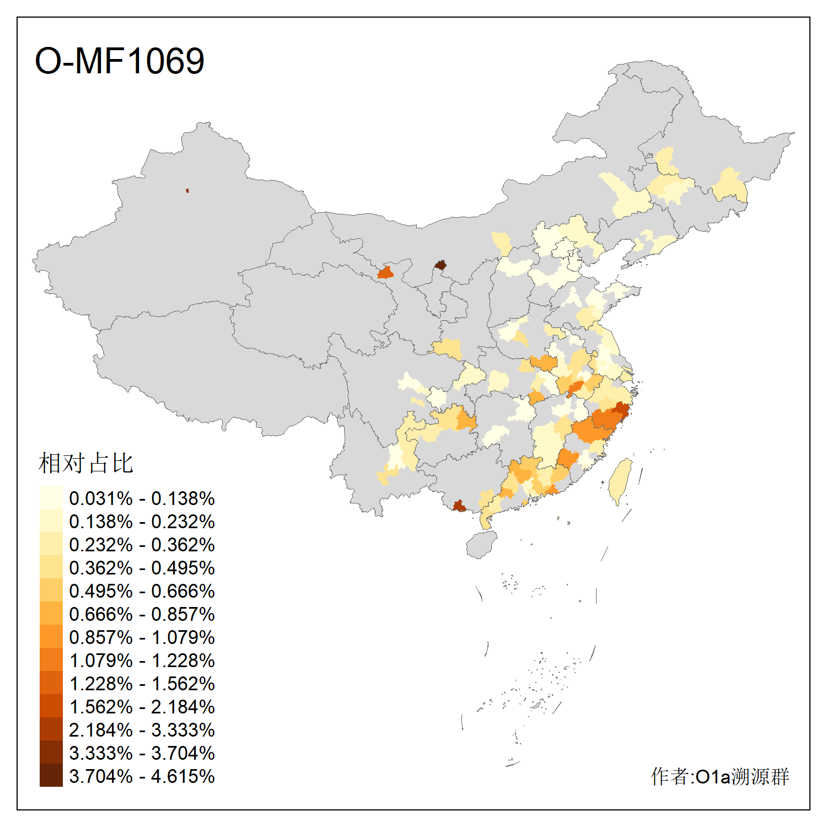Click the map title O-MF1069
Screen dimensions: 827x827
(120, 61)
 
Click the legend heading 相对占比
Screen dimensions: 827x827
(86, 463)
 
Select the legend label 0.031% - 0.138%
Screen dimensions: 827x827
(142, 498)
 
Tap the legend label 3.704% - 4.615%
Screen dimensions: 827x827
(142, 776)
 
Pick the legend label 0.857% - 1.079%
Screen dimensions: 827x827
(142, 637)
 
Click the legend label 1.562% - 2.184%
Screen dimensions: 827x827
(142, 707)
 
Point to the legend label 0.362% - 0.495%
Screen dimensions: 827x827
(142, 568)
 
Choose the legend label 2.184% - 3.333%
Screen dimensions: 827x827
(142, 730)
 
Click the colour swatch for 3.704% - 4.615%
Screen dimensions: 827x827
(51, 775)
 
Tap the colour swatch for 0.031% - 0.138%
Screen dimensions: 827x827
(51, 497)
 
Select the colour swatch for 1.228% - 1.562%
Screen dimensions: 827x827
(51, 683)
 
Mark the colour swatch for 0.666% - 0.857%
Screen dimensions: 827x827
(51, 613)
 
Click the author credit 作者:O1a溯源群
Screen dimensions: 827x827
(719, 776)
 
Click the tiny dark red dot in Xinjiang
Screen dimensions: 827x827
(187, 191)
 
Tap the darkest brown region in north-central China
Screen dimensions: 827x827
(440, 265)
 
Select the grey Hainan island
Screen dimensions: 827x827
(481, 544)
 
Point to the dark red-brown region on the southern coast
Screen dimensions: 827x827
(459, 506)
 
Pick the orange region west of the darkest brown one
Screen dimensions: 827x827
(385, 272)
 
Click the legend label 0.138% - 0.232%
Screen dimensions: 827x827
(142, 522)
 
